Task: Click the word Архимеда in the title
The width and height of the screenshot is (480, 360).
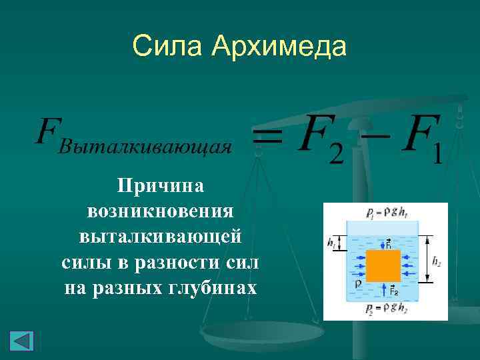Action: (x=280, y=47)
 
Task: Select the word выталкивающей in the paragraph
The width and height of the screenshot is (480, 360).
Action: (x=160, y=237)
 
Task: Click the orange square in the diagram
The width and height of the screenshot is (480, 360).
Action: (x=383, y=265)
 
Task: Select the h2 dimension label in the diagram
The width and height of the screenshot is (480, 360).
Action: (x=437, y=262)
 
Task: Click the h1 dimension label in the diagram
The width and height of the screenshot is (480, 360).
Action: (x=331, y=242)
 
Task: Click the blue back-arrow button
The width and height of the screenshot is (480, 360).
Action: (x=21, y=340)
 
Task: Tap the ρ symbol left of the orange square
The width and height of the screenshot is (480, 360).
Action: (x=357, y=283)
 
